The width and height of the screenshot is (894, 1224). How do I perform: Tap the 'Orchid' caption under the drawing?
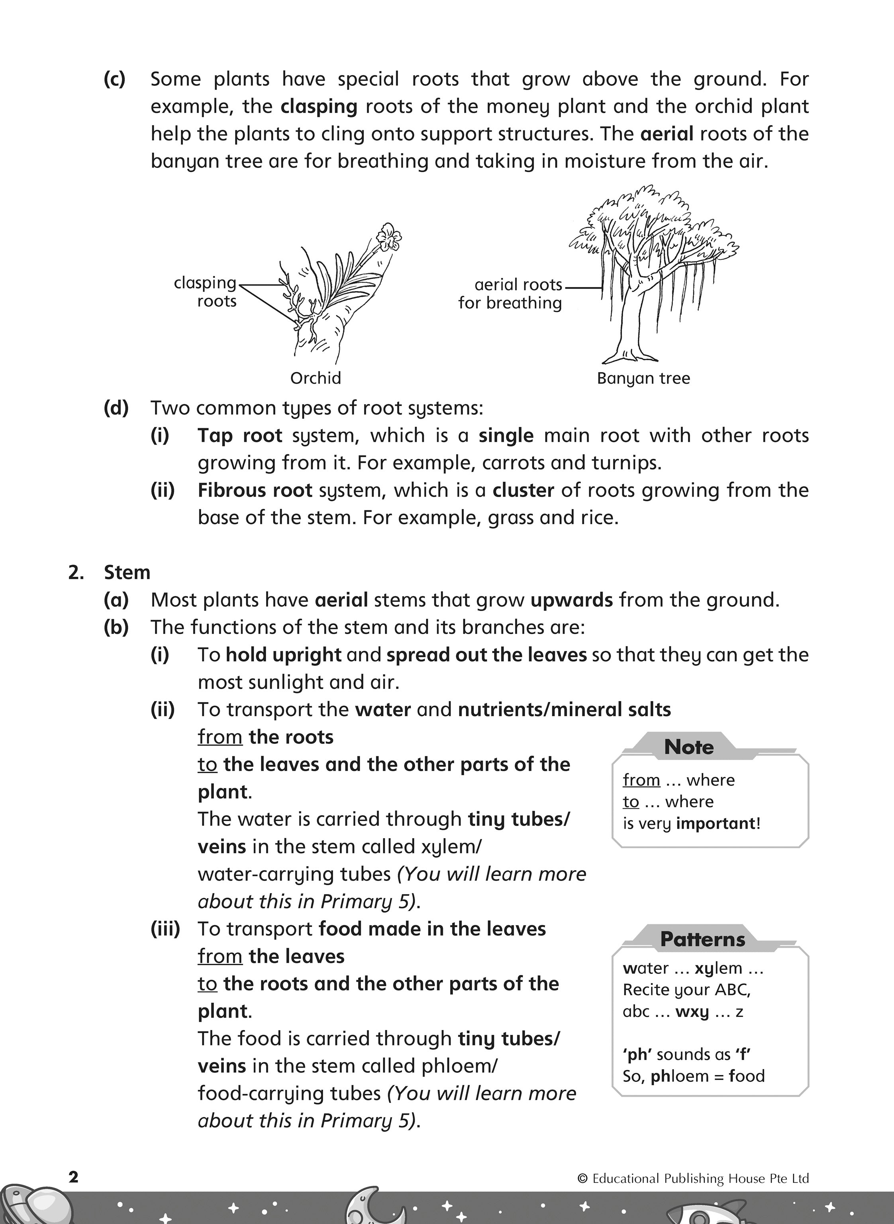pos(316,378)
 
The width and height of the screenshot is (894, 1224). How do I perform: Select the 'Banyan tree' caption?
pos(643,378)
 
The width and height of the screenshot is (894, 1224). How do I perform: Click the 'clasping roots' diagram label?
pos(206,292)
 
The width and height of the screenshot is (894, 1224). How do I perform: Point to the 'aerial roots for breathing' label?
pos(510,293)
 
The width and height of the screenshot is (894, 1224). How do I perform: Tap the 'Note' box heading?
pos(689,747)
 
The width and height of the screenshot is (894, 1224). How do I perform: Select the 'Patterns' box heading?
pos(702,939)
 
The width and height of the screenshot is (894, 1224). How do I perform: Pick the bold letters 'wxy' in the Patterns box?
pos(692,1011)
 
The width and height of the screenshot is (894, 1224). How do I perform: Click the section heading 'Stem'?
pos(127,572)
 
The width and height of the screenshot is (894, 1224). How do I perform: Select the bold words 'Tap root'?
pos(240,435)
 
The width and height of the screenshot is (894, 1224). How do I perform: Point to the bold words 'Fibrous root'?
pos(255,490)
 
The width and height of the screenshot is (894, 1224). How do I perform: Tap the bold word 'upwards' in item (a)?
pos(571,600)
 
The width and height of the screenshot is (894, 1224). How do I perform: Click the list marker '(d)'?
pos(116,408)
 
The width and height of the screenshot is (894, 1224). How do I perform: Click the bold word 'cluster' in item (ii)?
pos(523,490)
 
